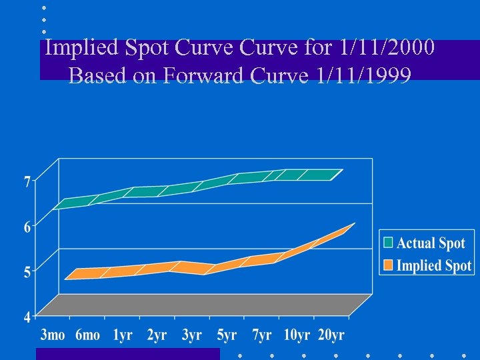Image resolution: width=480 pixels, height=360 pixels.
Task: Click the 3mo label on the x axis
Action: coord(53,335)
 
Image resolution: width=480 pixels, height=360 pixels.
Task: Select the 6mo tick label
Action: coord(87,335)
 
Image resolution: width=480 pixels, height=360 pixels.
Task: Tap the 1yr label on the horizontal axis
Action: coord(122,335)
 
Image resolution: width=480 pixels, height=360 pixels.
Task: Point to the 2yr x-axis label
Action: coord(157,335)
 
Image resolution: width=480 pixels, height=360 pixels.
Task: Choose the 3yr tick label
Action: coord(192,335)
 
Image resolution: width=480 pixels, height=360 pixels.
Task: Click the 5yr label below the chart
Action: coord(227,335)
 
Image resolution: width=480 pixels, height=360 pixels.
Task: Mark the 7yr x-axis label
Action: coord(261,335)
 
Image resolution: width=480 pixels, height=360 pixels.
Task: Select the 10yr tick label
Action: coord(296,335)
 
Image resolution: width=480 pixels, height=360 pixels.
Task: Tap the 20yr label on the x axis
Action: coord(331,335)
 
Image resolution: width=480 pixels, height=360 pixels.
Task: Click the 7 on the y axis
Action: coord(27,181)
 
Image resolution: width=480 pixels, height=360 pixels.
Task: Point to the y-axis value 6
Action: coord(27,227)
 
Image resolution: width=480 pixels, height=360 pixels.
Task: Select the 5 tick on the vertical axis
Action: coord(27,272)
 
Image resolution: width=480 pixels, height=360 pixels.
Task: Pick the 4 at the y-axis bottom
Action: coord(27,317)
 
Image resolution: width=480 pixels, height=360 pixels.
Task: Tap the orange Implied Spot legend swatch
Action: coord(388,265)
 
